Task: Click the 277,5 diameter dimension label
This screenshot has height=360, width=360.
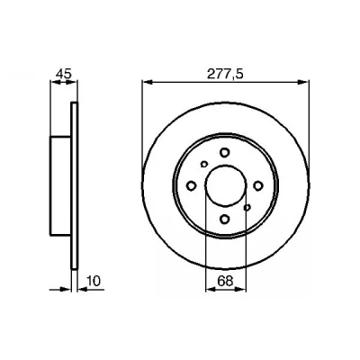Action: (225, 74)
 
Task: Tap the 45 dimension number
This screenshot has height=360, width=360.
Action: (64, 74)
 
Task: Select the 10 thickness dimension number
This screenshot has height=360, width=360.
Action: (94, 281)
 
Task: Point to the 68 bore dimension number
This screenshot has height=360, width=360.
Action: (225, 282)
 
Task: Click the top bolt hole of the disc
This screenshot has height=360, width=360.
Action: (224, 152)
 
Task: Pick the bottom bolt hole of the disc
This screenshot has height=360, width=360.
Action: (224, 220)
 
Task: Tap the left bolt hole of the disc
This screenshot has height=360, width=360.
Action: (191, 185)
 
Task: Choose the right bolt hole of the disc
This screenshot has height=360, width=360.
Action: (257, 185)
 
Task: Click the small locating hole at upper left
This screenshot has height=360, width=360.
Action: (204, 164)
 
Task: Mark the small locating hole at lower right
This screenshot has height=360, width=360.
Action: (247, 207)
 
